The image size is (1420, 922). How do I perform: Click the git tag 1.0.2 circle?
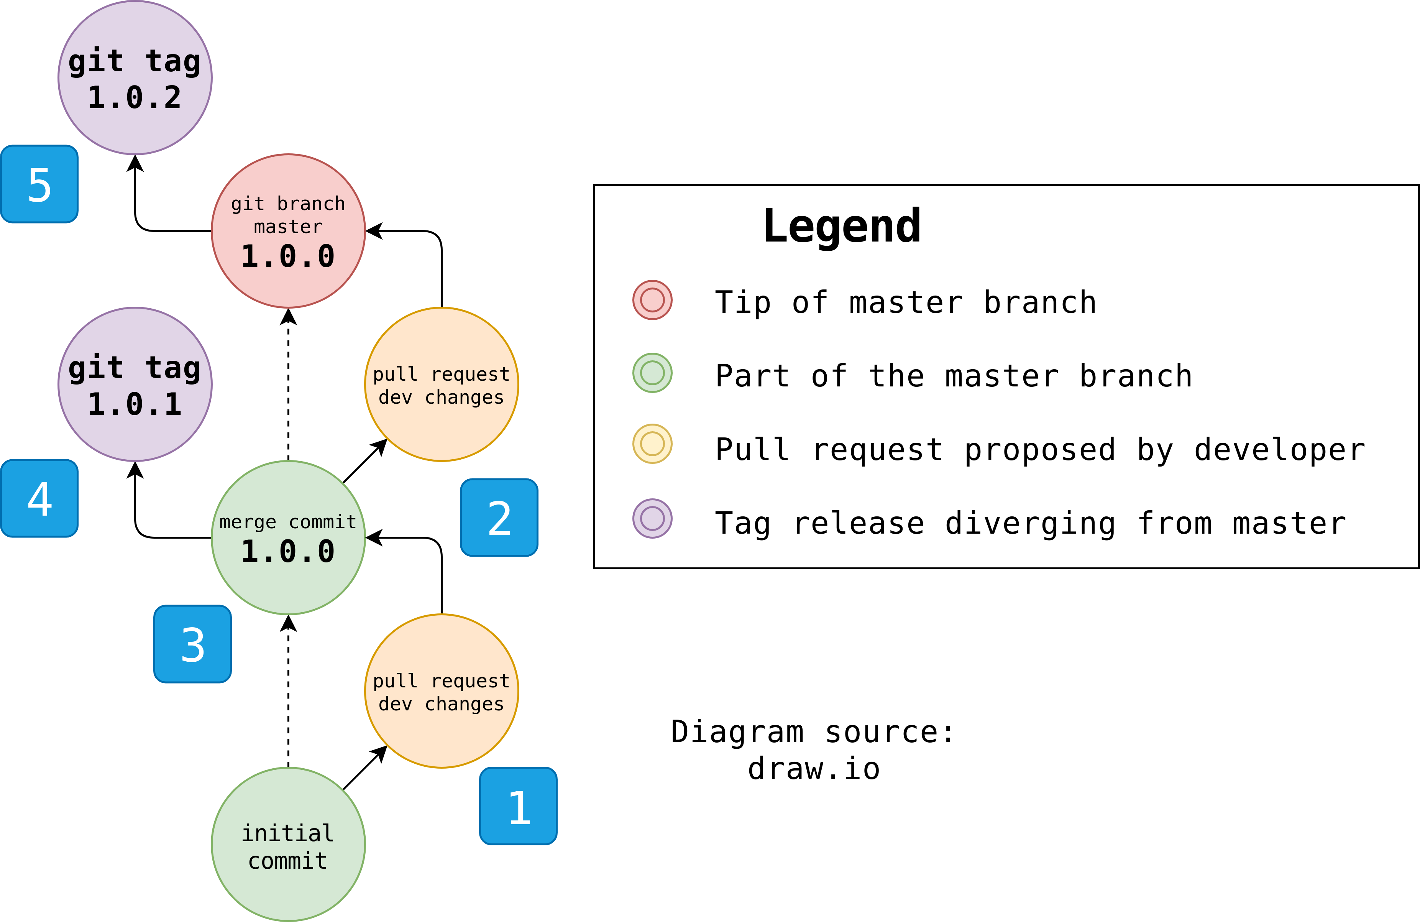click(x=135, y=77)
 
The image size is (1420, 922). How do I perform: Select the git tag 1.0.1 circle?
click(x=135, y=384)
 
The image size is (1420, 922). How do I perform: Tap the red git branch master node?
click(x=288, y=231)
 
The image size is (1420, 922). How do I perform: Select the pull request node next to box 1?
click(x=442, y=691)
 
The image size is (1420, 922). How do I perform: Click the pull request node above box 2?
click(x=442, y=384)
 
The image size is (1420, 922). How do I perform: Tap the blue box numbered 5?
click(x=39, y=184)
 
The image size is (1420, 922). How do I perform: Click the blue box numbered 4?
click(x=39, y=498)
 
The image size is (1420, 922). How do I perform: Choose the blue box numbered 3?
click(x=192, y=644)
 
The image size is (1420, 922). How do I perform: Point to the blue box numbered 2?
click(x=499, y=518)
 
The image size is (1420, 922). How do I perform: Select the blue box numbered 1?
click(x=518, y=806)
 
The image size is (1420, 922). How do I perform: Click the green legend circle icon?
click(x=652, y=373)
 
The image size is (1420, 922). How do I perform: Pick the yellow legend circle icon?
click(x=652, y=444)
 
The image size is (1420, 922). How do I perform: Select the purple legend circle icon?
click(x=652, y=519)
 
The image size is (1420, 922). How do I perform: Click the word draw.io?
click(x=814, y=769)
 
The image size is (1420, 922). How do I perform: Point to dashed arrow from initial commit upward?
click(x=288, y=692)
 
